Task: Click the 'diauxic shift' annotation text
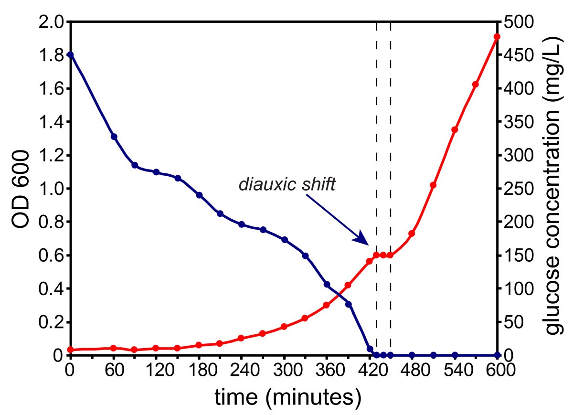click(287, 185)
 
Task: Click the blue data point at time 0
click(71, 54)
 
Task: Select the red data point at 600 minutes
click(497, 37)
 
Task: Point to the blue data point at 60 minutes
click(114, 137)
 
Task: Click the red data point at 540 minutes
click(455, 130)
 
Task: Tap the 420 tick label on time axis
click(369, 371)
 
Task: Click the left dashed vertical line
click(376, 143)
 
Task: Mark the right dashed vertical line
click(391, 143)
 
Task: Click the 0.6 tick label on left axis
click(51, 255)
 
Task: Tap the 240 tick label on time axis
click(241, 371)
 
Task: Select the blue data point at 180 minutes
click(199, 195)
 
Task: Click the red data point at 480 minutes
click(412, 234)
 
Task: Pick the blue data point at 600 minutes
click(497, 355)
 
